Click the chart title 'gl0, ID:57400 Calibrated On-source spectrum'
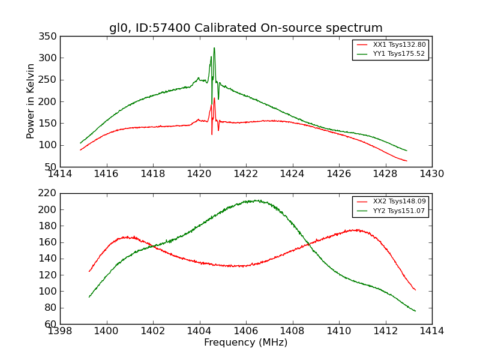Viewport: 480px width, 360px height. (x=245, y=28)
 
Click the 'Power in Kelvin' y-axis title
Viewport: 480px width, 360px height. (x=31, y=101)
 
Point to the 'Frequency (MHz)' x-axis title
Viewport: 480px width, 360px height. (x=245, y=343)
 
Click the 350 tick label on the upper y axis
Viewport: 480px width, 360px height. (x=50, y=37)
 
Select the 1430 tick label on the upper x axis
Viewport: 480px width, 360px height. (x=431, y=173)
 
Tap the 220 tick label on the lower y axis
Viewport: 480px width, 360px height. (x=50, y=193)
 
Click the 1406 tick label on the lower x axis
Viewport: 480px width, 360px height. (x=245, y=331)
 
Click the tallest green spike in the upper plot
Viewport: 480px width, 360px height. (x=214, y=48)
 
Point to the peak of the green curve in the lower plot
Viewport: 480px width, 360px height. (x=256, y=200)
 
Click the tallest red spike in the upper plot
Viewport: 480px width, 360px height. (x=214, y=98)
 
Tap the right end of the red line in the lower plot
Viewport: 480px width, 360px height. (x=415, y=290)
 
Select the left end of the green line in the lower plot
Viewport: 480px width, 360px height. (x=89, y=297)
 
